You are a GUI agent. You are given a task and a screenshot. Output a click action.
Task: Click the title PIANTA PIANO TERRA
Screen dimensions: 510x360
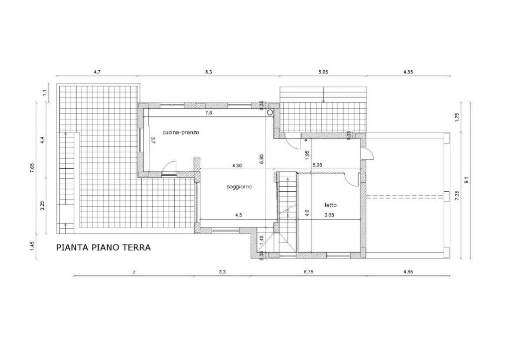click(x=104, y=247)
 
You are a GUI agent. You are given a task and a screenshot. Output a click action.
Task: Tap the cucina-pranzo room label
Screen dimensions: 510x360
click(x=181, y=132)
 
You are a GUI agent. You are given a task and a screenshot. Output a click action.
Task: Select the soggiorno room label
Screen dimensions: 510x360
click(x=240, y=187)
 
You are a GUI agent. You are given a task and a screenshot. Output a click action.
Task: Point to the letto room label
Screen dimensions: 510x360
click(x=331, y=205)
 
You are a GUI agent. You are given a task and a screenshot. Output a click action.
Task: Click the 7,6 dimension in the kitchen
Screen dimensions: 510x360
click(x=209, y=113)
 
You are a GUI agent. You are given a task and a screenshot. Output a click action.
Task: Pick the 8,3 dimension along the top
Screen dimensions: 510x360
click(x=209, y=72)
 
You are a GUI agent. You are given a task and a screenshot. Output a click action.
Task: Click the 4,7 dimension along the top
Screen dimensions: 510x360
click(x=97, y=72)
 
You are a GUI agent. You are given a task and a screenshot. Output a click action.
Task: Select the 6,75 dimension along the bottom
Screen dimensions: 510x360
click(x=308, y=272)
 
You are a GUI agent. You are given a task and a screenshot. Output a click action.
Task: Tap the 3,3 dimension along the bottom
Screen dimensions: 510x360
click(x=222, y=272)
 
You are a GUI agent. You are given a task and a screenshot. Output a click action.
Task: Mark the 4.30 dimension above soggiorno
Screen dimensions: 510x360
click(x=237, y=165)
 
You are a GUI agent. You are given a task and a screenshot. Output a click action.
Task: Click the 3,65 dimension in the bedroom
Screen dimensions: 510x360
click(x=329, y=215)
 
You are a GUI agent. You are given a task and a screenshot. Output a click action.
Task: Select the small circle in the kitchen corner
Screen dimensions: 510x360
click(x=269, y=113)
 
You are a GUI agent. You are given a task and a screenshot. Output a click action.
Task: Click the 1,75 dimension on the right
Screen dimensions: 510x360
click(x=457, y=117)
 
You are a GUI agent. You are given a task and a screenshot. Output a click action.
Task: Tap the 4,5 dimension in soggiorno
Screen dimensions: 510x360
click(x=240, y=215)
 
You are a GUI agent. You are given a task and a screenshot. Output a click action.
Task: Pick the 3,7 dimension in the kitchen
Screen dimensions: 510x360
click(x=153, y=140)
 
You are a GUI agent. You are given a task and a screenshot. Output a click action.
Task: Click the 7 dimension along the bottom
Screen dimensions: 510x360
click(x=133, y=272)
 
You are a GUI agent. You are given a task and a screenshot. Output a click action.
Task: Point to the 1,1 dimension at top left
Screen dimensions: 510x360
click(x=45, y=93)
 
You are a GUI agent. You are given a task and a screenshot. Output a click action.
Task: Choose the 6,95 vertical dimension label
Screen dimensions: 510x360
click(x=262, y=159)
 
